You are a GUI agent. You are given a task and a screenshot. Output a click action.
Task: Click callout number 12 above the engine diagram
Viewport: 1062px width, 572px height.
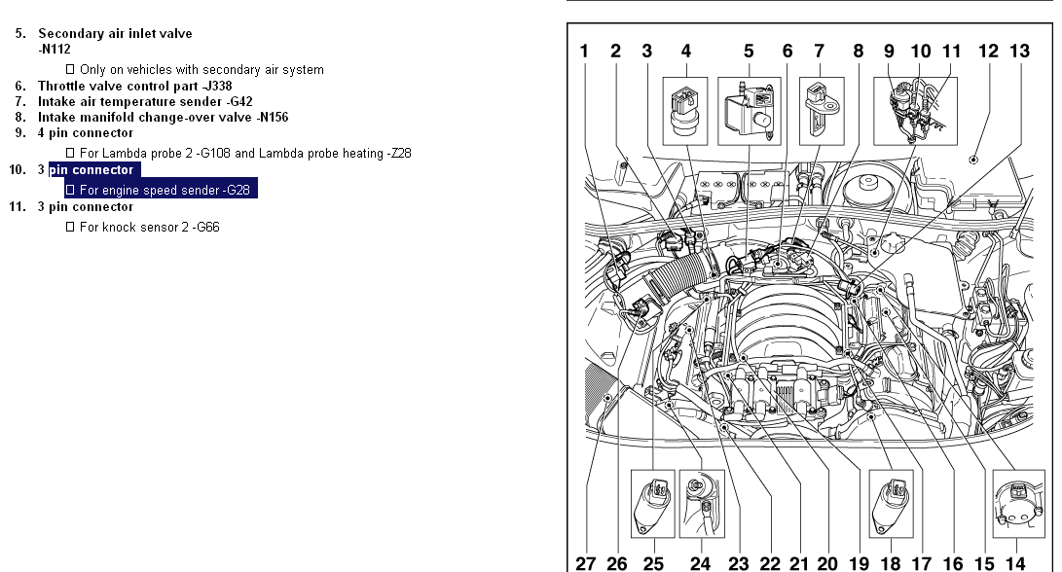(988, 52)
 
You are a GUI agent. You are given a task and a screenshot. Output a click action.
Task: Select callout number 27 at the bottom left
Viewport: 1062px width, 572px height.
(586, 562)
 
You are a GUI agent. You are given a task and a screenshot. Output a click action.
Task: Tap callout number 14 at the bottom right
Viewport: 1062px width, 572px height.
(1016, 562)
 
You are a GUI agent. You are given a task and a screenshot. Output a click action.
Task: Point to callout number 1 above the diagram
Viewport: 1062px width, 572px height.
(584, 52)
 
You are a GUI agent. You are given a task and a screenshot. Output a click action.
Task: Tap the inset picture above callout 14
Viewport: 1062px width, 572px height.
(1016, 504)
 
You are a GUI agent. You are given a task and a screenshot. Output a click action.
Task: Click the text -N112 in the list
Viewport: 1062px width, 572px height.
(55, 49)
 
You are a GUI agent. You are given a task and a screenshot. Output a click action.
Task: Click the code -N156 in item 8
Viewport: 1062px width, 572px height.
(268, 117)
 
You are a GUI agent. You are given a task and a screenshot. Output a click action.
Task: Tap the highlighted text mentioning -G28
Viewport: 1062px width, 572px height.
(160, 191)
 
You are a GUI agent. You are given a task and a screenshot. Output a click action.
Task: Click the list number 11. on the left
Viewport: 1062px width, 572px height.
(18, 207)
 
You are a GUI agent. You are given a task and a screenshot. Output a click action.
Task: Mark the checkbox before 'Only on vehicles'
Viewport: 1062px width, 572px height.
(70, 70)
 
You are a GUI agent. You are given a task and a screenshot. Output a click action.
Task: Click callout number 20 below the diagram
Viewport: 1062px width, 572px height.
(827, 562)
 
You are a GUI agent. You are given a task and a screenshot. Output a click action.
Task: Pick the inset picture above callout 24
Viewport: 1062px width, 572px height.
(699, 504)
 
